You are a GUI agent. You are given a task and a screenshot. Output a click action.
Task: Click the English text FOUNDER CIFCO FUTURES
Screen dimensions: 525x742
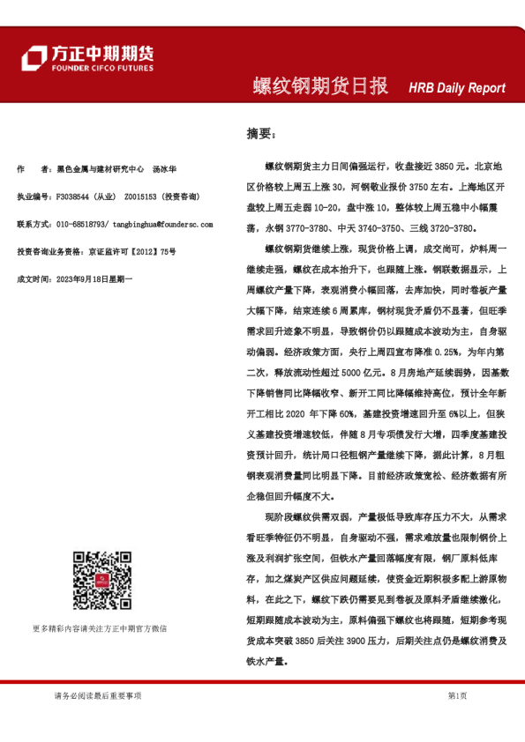tap(101, 68)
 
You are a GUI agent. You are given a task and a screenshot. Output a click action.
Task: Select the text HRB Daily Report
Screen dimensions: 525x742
tap(457, 88)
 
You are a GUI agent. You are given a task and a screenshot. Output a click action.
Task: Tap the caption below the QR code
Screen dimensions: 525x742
tap(99, 628)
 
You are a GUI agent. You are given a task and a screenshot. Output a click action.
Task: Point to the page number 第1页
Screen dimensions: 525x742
tap(458, 695)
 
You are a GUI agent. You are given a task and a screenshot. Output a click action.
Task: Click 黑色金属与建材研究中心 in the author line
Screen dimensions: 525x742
tap(100, 167)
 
